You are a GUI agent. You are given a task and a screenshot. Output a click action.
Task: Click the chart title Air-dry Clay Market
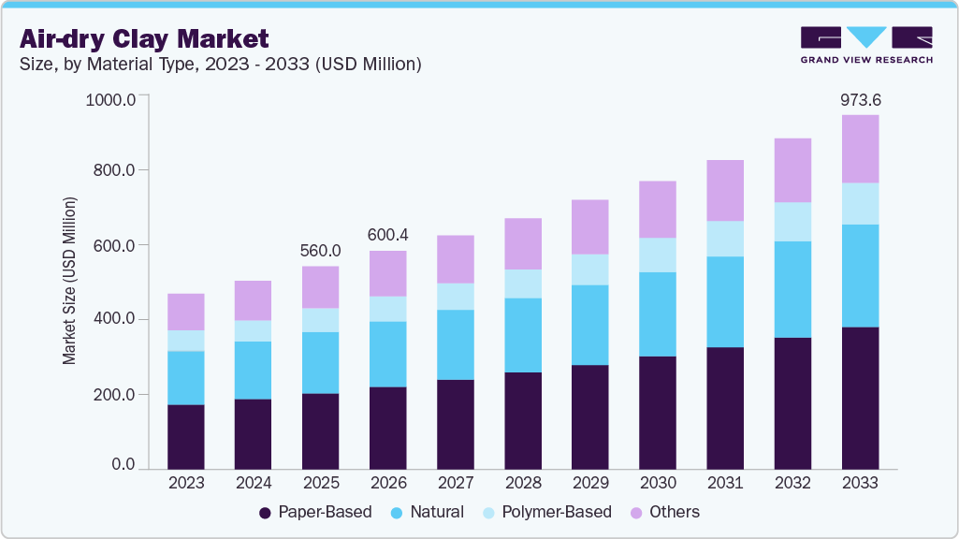pos(144,38)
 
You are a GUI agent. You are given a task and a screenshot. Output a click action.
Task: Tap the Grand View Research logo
pos(865,45)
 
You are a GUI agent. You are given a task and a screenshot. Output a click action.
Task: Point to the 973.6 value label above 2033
pos(860,99)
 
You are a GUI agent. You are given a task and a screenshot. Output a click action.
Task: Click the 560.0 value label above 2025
pos(320,251)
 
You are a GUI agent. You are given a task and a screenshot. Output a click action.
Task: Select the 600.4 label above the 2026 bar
pos(387,235)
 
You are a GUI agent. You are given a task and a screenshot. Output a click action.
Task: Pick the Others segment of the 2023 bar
pos(185,312)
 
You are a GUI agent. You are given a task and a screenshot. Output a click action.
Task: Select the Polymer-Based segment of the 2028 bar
pos(522,284)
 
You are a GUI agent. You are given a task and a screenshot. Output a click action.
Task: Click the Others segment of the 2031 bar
pos(725,191)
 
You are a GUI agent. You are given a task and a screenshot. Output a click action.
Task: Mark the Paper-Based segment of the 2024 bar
pos(253,433)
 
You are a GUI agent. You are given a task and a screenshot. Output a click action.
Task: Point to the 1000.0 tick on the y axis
pos(110,98)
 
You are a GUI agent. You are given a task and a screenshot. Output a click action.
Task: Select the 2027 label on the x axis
pos(455,484)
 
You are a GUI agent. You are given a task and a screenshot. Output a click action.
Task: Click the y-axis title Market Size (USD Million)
pos(69,281)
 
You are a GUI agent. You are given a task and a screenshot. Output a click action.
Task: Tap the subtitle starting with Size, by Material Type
pos(221,65)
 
